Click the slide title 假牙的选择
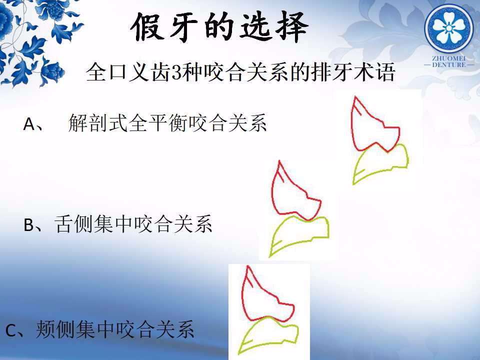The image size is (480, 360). (219, 27)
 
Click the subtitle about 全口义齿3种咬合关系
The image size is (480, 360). (240, 72)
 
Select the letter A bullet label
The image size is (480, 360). (29, 124)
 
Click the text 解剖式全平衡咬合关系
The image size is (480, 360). (167, 123)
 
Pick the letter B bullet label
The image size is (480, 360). (29, 225)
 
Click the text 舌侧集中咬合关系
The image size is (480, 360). (133, 224)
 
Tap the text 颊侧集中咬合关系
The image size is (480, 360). (115, 329)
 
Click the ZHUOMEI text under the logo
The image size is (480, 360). (449, 58)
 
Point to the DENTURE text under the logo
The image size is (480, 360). (449, 64)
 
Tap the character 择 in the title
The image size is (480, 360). (292, 27)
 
